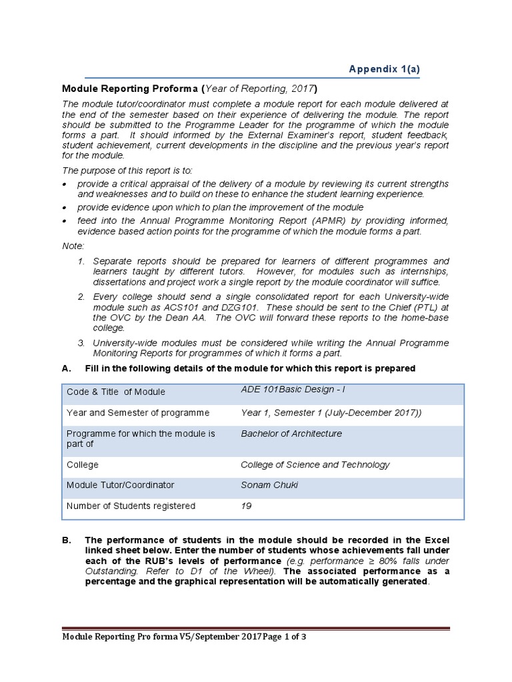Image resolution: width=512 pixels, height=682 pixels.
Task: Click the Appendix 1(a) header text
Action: click(x=385, y=69)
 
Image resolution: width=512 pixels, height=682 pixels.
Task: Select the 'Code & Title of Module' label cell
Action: click(x=115, y=392)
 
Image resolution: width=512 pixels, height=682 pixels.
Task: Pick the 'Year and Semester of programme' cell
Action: click(x=138, y=413)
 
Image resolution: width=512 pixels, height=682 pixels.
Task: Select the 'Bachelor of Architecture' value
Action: click(x=291, y=434)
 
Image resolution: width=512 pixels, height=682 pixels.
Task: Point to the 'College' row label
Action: click(x=82, y=465)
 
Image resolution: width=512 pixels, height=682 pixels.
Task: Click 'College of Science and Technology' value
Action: click(x=315, y=465)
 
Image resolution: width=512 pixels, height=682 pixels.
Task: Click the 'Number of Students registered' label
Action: click(x=131, y=506)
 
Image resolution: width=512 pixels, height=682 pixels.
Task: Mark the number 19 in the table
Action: click(x=246, y=506)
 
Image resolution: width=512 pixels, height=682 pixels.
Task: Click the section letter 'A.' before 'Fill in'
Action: click(x=66, y=368)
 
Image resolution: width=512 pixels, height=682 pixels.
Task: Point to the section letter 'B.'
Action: click(x=66, y=540)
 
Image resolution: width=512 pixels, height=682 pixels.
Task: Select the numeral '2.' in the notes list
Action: click(x=81, y=296)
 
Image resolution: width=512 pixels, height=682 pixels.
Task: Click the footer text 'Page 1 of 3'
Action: click(x=281, y=637)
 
